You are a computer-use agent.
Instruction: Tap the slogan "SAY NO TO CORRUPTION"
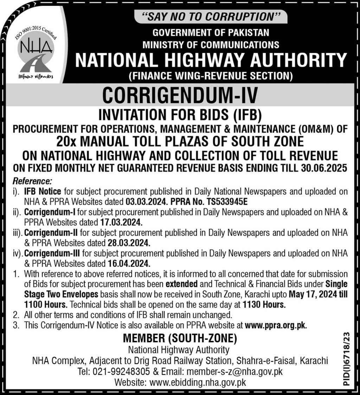click(210, 17)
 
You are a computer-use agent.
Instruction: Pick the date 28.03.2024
click(128, 243)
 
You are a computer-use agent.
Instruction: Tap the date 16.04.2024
click(128, 263)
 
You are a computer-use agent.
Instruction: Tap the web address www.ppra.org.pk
click(276, 325)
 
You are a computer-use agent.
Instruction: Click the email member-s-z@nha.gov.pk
click(235, 371)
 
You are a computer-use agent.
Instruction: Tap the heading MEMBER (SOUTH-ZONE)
click(180, 338)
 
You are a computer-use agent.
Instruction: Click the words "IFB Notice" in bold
click(43, 192)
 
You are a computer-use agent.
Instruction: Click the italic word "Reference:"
click(32, 182)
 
